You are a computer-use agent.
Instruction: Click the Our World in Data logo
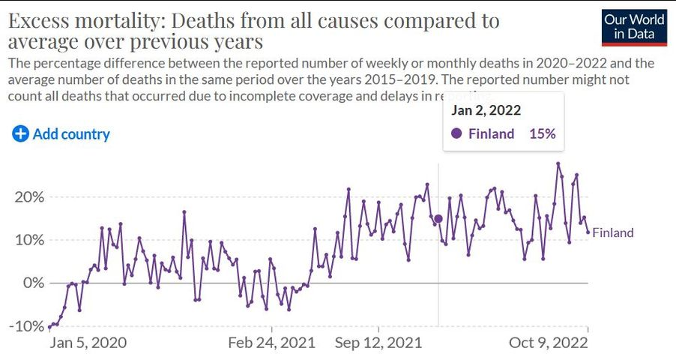point(635,28)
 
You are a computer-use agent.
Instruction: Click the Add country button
point(61,134)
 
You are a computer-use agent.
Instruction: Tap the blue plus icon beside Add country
point(20,134)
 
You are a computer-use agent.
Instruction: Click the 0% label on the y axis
point(34,283)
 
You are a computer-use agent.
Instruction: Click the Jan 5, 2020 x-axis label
point(88,343)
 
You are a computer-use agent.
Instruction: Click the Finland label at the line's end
point(613,232)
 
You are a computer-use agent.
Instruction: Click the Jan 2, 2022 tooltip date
point(486,110)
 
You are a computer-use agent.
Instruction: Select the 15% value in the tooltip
point(541,134)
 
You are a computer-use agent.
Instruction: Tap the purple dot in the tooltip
point(456,134)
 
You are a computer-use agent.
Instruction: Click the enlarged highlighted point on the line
point(438,219)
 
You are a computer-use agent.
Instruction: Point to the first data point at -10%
point(49,327)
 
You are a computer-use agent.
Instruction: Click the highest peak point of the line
point(558,163)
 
